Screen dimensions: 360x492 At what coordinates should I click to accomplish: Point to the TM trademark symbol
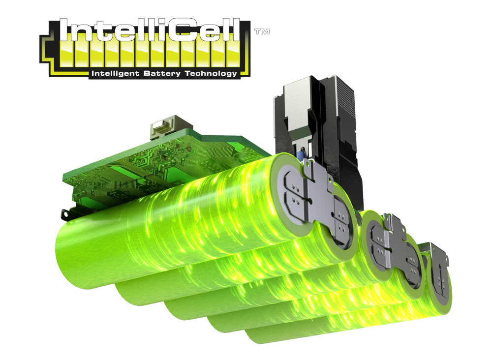click(x=261, y=31)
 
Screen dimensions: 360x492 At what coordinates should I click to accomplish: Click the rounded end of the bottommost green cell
click(x=256, y=334)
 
